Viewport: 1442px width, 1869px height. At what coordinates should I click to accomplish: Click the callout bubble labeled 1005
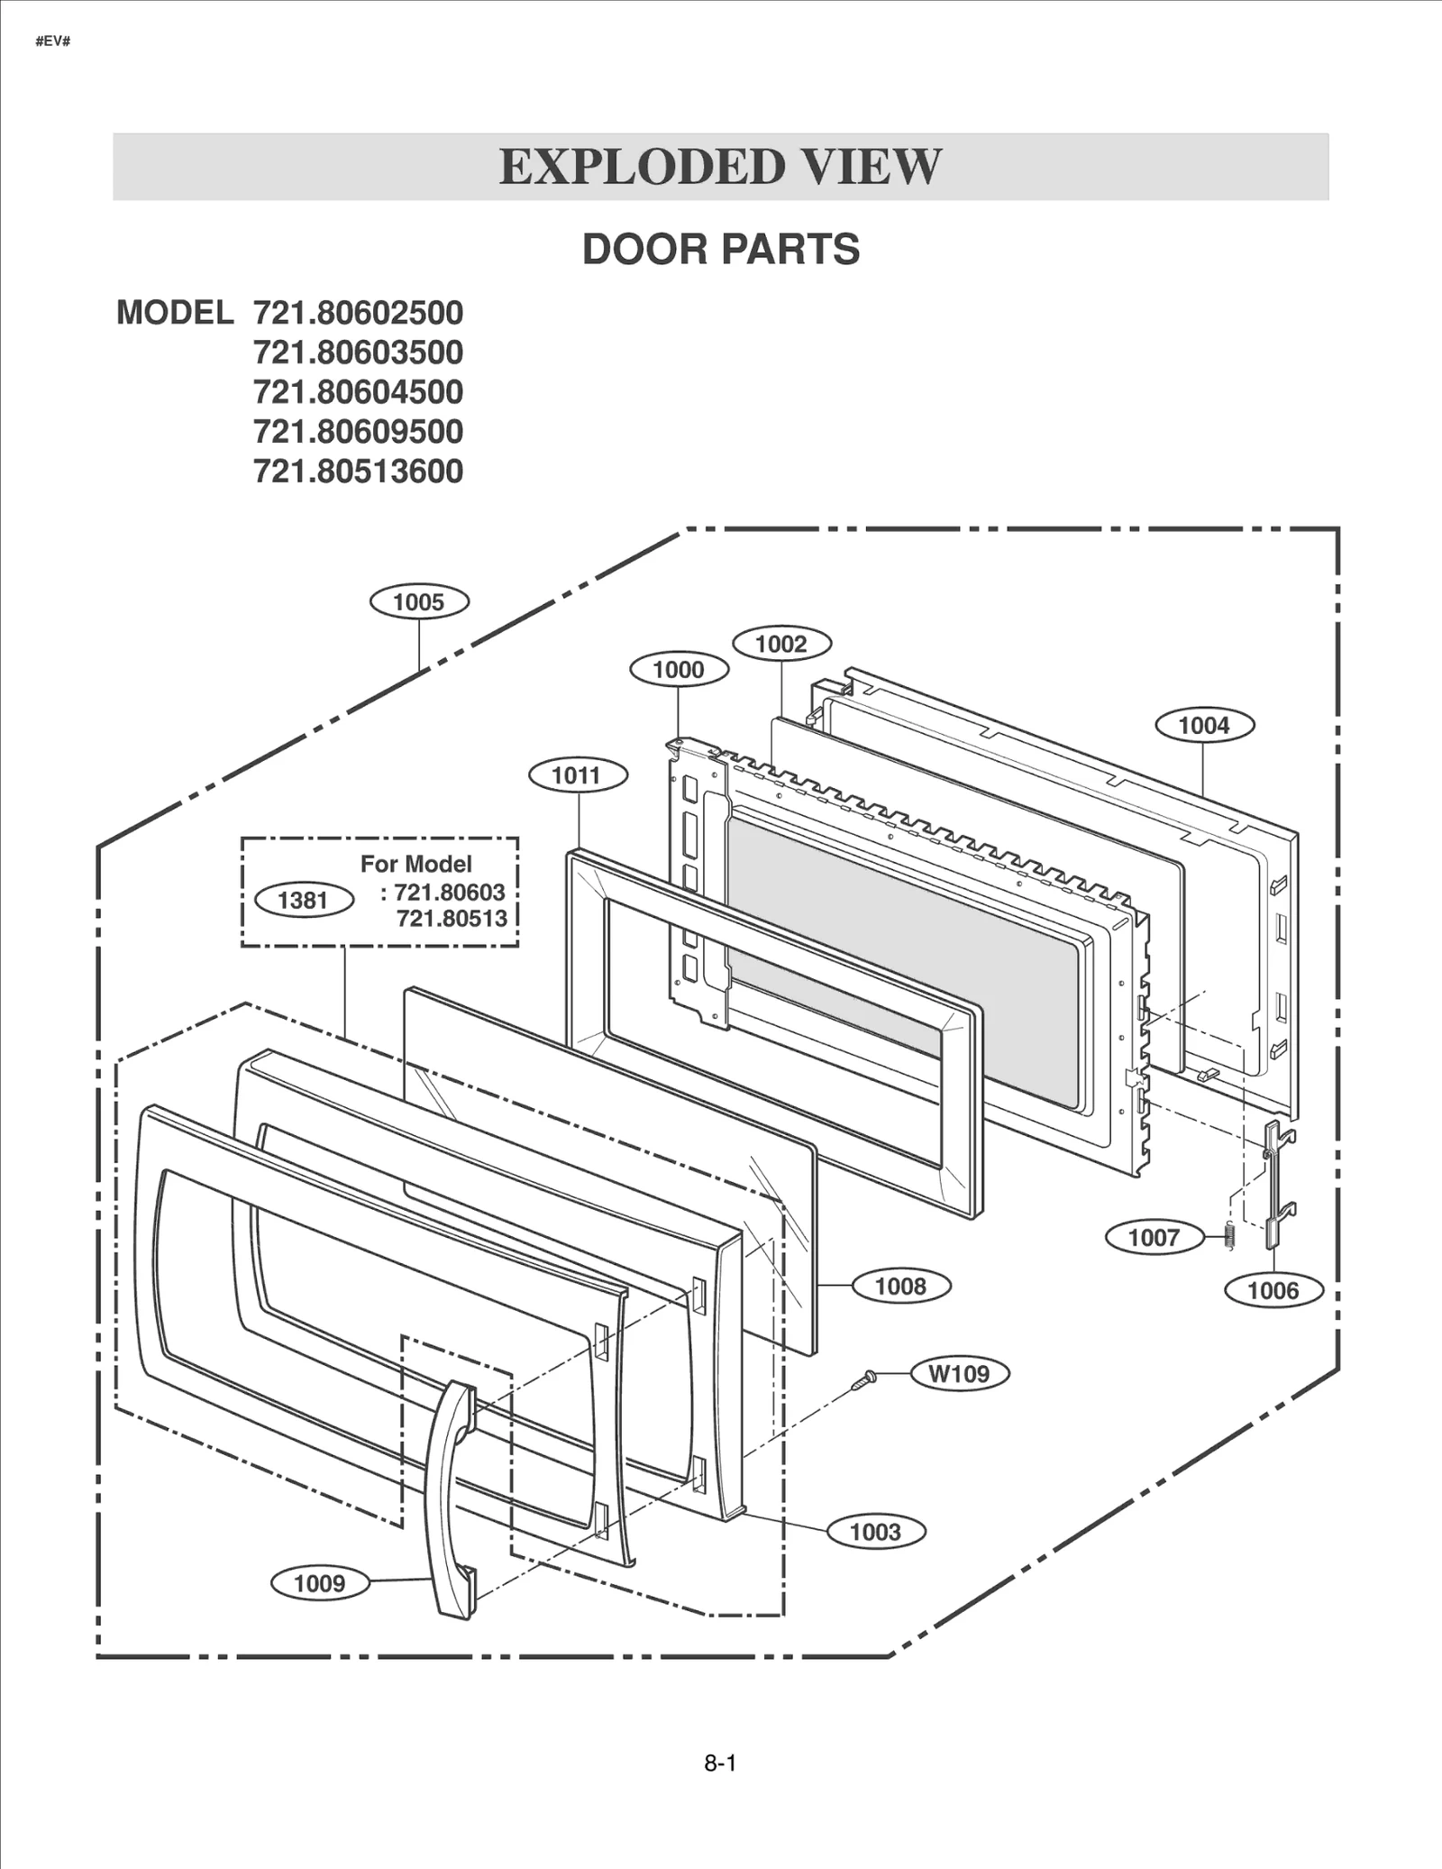click(x=419, y=602)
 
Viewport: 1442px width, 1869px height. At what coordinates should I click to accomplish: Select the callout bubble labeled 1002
click(x=781, y=644)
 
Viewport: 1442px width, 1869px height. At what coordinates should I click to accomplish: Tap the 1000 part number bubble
click(x=678, y=670)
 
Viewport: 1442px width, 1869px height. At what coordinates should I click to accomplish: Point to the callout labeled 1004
click(x=1204, y=725)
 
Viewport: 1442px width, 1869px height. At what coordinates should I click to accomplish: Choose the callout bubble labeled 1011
click(x=577, y=775)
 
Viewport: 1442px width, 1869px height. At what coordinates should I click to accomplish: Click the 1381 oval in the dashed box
click(x=304, y=900)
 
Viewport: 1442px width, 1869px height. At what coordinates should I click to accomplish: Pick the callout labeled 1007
click(x=1155, y=1237)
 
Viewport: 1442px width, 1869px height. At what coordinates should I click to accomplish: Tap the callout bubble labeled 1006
click(x=1273, y=1290)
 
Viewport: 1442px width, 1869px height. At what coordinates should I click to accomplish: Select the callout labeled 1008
click(x=900, y=1286)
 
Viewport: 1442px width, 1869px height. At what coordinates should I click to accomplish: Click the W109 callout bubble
click(x=959, y=1374)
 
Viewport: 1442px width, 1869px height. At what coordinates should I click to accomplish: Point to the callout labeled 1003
click(x=875, y=1531)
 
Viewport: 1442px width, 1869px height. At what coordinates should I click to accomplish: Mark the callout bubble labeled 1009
click(x=320, y=1583)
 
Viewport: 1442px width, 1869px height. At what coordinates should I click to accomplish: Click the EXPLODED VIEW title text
click(x=720, y=167)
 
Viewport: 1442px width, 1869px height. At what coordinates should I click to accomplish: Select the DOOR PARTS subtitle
click(x=720, y=250)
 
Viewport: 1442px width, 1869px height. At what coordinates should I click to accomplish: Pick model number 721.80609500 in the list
click(x=358, y=432)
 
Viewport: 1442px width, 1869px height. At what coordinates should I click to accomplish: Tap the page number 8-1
click(x=720, y=1764)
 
